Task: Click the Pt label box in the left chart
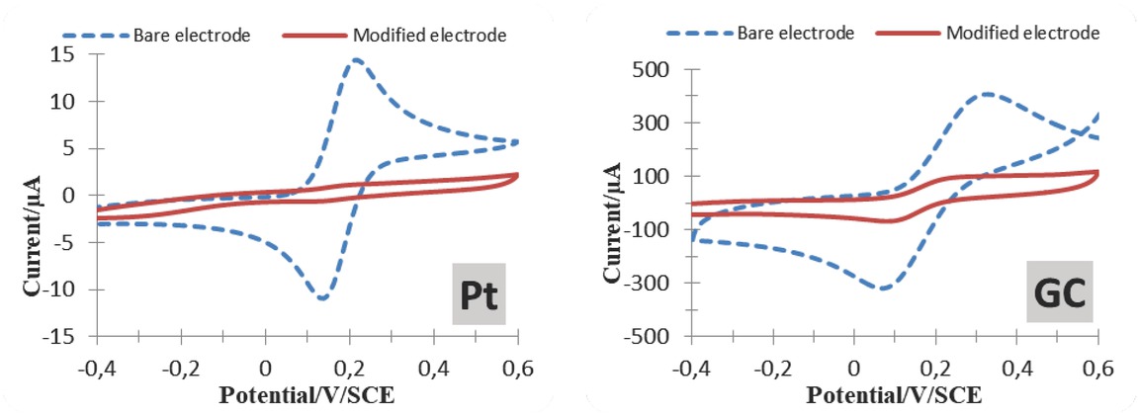coord(479,293)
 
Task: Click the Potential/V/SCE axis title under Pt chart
coord(306,394)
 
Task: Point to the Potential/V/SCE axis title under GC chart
coord(894,394)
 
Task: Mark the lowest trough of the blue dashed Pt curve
coord(322,297)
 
